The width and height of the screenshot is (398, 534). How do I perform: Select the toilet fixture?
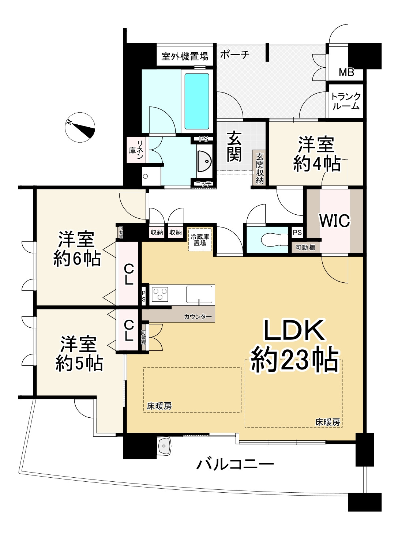click(x=275, y=239)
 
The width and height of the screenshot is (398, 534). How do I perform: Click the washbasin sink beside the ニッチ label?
click(x=204, y=161)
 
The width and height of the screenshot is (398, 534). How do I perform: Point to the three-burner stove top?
click(x=161, y=294)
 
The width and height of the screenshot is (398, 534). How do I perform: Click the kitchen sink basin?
click(x=199, y=294)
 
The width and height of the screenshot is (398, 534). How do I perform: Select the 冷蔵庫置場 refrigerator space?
click(x=200, y=240)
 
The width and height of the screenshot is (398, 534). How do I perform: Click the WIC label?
click(x=335, y=221)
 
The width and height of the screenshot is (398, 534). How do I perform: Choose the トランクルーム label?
click(x=346, y=101)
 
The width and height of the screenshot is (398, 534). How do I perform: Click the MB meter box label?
click(x=346, y=72)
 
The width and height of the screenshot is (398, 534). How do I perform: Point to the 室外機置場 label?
click(x=185, y=56)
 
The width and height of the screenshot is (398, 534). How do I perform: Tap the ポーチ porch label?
click(x=235, y=55)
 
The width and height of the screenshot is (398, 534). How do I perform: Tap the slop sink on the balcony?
click(x=164, y=445)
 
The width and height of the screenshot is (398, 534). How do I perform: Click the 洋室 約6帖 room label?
click(x=77, y=249)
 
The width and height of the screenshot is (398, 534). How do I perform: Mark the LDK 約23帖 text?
click(x=294, y=346)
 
